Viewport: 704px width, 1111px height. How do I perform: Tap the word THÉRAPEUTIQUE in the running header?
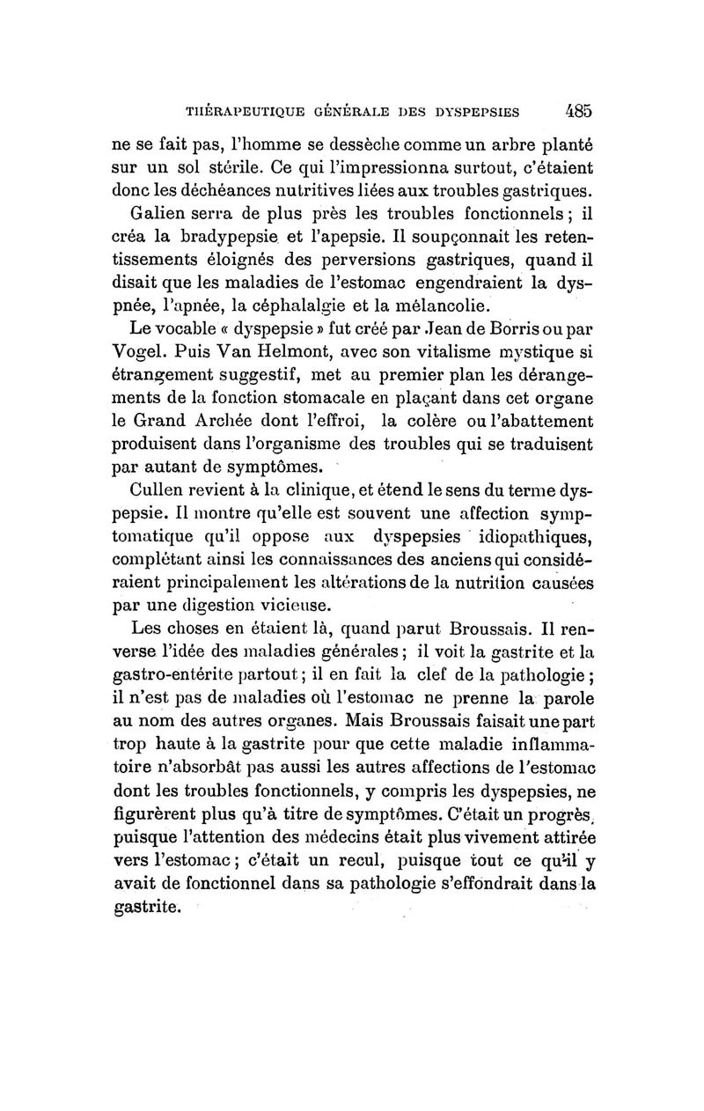[238, 113]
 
